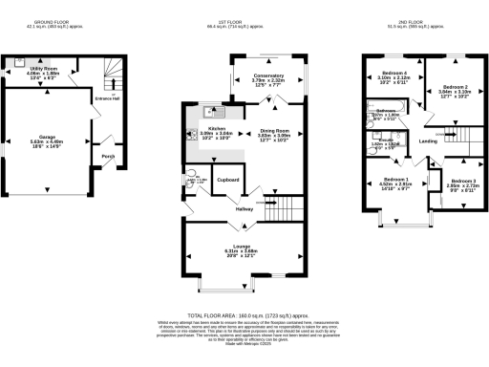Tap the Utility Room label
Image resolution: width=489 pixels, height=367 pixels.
tap(45, 71)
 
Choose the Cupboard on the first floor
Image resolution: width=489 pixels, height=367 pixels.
tap(227, 179)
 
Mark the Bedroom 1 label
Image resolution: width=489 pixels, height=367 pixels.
tap(396, 181)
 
